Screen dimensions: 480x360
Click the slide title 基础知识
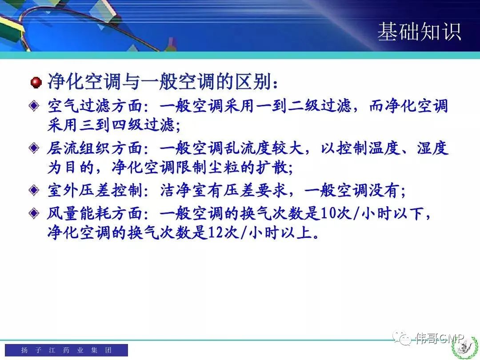click(x=419, y=31)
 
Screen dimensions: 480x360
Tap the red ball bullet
click(x=36, y=83)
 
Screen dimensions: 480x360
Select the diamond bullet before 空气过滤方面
click(x=34, y=106)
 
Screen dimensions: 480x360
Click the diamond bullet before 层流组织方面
click(x=34, y=148)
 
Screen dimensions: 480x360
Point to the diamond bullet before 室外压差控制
click(x=34, y=190)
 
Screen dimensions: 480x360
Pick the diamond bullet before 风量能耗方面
click(x=34, y=213)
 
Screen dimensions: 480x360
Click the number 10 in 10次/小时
click(x=329, y=213)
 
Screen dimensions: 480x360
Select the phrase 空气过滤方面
click(x=95, y=106)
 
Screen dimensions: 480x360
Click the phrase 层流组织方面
click(x=95, y=148)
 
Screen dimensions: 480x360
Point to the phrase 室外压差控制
click(x=95, y=190)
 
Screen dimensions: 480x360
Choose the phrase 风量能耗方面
click(x=95, y=213)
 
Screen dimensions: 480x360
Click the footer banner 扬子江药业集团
click(x=66, y=350)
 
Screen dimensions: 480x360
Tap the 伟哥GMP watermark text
click(x=440, y=338)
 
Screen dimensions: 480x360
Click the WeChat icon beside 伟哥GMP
click(x=402, y=338)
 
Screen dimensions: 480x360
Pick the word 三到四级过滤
click(x=127, y=125)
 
